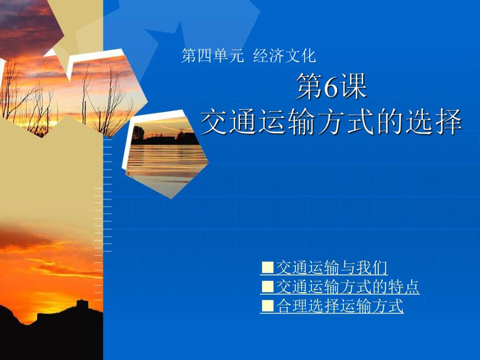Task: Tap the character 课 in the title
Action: click(355, 88)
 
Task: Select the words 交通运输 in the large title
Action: click(250, 123)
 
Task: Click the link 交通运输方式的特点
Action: click(347, 287)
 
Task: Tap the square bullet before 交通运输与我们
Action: click(267, 268)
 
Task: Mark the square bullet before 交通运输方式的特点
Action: click(267, 287)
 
